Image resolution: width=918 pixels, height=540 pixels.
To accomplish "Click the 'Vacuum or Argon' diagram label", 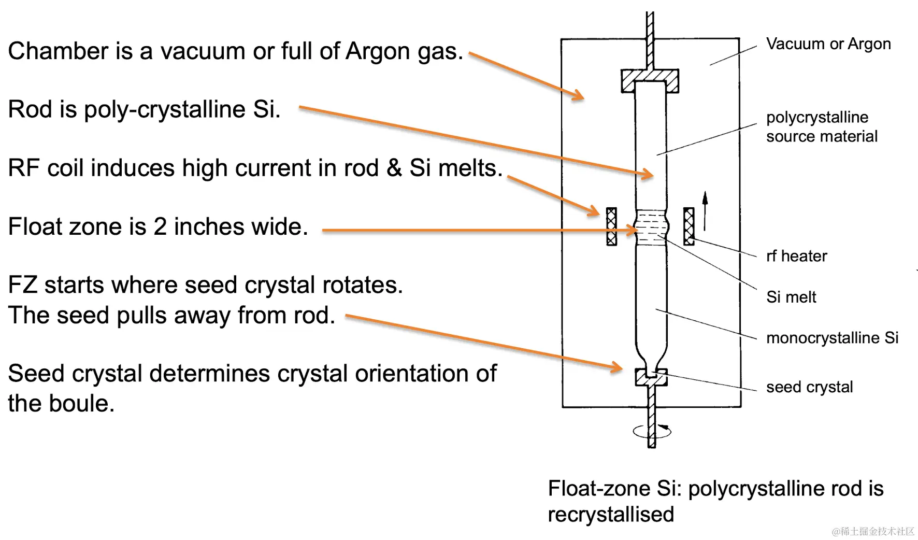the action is pos(828,45).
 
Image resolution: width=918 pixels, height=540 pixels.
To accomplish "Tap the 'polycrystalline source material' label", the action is pos(822,127).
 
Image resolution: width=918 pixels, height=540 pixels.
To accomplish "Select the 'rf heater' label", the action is pos(796,256).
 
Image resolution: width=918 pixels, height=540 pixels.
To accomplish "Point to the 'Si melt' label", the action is pos(791,297).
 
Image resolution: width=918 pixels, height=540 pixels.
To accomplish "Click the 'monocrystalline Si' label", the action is pos(832,338).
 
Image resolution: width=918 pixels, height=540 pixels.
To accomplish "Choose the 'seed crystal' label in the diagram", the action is pos(809,387).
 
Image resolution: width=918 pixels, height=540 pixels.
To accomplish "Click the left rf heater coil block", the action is pos(612,226).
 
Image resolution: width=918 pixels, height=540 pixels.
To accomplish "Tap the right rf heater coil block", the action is pos(688,226).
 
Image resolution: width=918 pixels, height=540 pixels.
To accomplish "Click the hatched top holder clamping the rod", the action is pos(650,81).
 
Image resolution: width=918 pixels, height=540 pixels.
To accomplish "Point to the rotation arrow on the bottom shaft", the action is pos(652,431).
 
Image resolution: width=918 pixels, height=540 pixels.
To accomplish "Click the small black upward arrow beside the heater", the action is pos(705,211).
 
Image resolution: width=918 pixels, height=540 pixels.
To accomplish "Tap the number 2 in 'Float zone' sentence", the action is pos(160,226).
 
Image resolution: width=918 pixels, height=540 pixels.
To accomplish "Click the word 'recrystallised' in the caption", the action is pos(611,515).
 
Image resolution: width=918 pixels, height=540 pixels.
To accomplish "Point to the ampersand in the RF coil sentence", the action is pos(394,168).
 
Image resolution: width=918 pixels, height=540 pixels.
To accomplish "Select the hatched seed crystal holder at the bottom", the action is pos(652,377).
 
